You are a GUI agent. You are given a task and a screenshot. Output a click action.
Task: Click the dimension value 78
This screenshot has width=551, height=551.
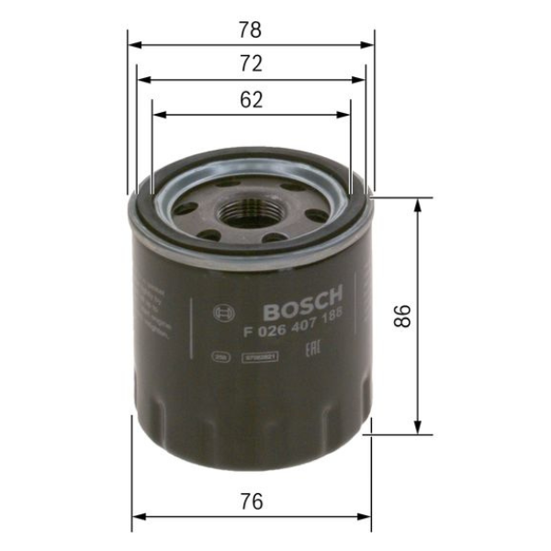coord(250,29)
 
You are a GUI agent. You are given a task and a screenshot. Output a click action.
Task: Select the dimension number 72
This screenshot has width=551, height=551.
coord(250,63)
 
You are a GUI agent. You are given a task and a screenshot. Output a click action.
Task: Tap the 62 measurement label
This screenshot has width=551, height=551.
coord(250,99)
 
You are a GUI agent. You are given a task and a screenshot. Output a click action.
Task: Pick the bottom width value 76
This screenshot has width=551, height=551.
coord(250,501)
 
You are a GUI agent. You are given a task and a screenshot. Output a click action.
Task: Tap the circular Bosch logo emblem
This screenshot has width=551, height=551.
coord(219,313)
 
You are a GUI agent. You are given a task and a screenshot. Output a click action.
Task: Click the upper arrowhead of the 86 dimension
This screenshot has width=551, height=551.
coord(419,204)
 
